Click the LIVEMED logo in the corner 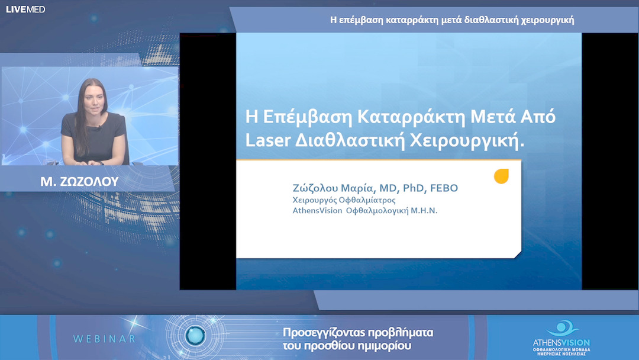point(25,9)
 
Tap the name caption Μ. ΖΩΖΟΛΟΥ point(79,182)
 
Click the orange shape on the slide point(501,176)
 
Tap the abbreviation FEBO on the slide point(443,188)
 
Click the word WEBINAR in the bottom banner point(104,339)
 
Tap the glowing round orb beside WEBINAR point(195,336)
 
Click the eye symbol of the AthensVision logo point(559,327)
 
